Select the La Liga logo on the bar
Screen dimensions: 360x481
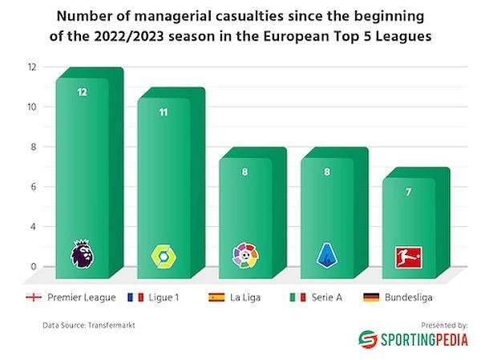pos(245,255)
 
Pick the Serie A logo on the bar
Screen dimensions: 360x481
pos(326,255)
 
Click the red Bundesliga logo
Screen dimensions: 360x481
pos(408,257)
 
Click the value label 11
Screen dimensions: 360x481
pos(163,112)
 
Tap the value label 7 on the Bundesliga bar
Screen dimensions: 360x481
pos(408,191)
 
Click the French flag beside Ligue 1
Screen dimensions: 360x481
pos(135,297)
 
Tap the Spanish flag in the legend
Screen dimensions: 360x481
pos(216,297)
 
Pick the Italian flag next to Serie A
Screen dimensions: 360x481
pos(297,297)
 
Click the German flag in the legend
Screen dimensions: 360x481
pos(371,297)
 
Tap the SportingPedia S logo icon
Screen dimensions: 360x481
pos(367,339)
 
